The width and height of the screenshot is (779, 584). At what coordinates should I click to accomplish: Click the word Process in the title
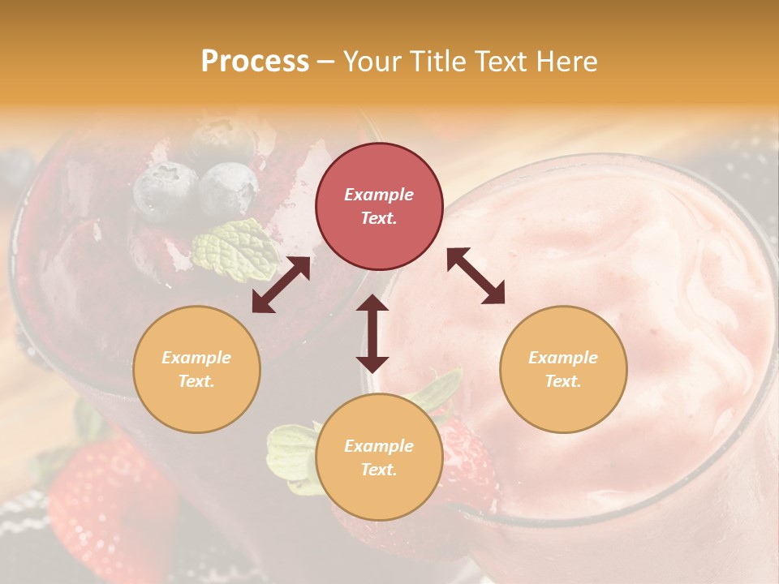255,62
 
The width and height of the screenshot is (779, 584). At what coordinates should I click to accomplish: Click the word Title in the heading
438,62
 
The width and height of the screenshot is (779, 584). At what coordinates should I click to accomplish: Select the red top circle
379,206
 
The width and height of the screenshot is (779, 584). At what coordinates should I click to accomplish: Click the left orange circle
196,369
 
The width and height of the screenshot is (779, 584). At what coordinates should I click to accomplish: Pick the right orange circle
563,369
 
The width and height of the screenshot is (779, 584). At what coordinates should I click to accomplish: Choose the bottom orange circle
379,457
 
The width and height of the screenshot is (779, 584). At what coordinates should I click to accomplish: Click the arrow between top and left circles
281,286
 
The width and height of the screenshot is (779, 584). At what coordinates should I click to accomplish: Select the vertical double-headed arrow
372,333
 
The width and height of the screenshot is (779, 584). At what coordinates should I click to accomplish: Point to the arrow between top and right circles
476,276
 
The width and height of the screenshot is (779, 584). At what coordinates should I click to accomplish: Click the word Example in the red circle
379,195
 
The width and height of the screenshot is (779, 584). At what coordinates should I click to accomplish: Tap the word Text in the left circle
196,381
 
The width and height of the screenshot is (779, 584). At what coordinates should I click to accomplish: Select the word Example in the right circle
563,358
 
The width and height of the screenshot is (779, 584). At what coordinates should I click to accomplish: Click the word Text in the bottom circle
378,470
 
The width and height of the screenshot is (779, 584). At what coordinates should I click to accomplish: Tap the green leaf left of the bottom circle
290,454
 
